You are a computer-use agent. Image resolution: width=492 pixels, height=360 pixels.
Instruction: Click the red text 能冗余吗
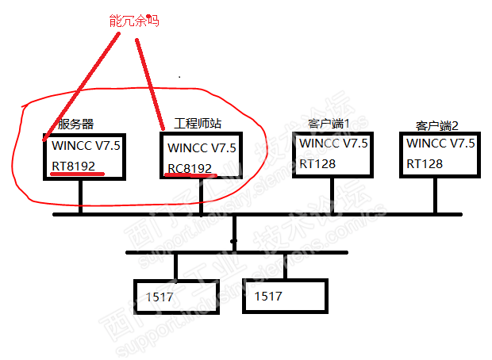coord(134,21)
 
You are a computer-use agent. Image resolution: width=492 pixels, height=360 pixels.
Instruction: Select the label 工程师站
coord(197,124)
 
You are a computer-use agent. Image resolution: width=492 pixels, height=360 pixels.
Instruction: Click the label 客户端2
coord(437,126)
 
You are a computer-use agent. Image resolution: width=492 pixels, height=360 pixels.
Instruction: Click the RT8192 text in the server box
coord(74,167)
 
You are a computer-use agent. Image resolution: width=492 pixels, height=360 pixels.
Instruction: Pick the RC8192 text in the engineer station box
coord(190,168)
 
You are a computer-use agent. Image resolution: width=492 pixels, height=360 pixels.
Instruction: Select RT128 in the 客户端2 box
coord(425,163)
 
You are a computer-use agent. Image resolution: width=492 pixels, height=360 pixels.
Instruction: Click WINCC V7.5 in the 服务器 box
coord(86,146)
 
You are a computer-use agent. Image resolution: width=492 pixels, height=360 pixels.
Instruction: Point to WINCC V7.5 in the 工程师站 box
coord(202,147)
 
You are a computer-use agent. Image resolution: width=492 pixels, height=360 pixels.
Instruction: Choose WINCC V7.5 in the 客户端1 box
coord(333,144)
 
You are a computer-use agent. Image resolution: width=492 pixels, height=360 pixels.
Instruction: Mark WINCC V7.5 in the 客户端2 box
coord(440,144)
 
